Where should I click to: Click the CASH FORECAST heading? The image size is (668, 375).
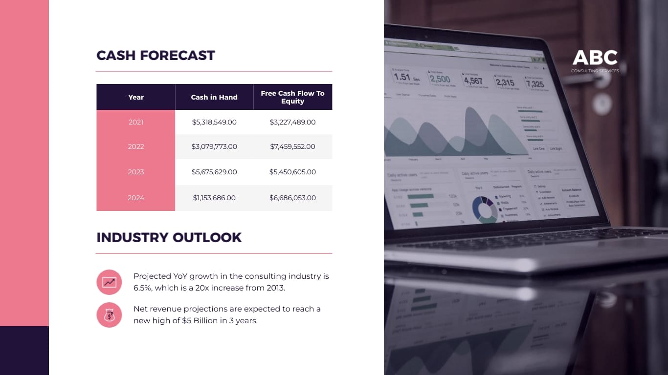pos(156,56)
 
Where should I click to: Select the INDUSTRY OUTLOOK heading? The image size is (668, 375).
pos(169,238)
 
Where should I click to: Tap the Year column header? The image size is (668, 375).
pos(136,97)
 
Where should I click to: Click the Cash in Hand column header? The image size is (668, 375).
pos(214,97)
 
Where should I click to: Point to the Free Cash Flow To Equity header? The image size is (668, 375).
pos(292,97)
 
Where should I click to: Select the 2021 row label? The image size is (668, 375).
pos(136,122)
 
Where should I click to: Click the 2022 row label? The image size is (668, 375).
pos(136,146)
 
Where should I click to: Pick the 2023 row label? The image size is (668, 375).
pos(136,172)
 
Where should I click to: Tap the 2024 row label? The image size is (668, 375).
pos(136,198)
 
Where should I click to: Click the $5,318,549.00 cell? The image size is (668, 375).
pos(214,122)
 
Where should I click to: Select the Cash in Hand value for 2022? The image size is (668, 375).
pos(214,146)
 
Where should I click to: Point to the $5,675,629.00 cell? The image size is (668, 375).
pos(214,172)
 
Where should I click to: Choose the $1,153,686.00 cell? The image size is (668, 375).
pos(214,198)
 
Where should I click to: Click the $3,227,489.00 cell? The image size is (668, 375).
pos(292,122)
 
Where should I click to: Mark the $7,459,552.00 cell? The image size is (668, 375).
pos(292,146)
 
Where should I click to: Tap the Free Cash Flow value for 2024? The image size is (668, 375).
pos(292,198)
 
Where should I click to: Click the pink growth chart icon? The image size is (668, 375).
pos(109,282)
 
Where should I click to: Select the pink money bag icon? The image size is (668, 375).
pos(109,315)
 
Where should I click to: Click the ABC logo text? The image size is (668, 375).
pos(595,58)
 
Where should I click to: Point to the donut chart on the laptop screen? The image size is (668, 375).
pos(484,208)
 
